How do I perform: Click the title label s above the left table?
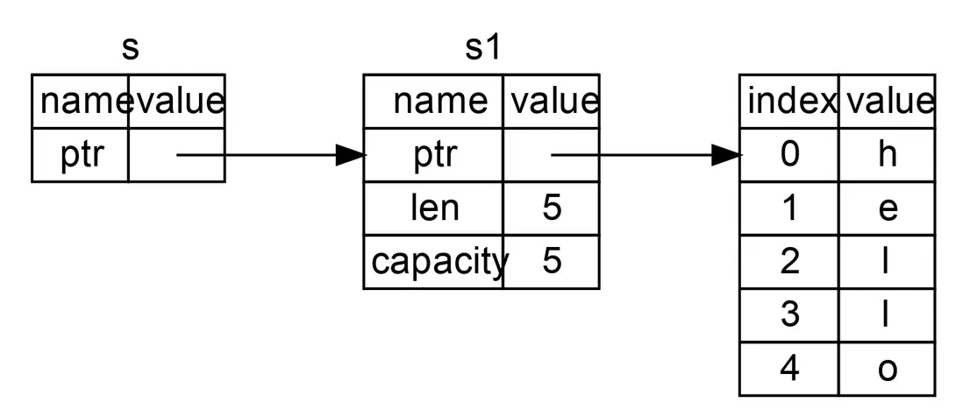point(130,48)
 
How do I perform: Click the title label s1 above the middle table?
point(481,48)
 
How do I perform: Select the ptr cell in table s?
point(80,155)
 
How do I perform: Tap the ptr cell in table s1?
point(435,155)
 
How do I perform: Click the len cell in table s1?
point(435,208)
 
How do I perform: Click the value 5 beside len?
point(552,208)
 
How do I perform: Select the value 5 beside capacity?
point(552,261)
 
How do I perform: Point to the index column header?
point(789,102)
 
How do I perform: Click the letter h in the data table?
point(887,155)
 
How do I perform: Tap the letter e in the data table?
point(887,208)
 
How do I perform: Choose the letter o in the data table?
point(887,368)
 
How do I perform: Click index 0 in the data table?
point(789,155)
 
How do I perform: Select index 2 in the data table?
point(789,261)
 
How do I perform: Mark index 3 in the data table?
point(789,315)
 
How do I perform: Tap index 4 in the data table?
point(789,368)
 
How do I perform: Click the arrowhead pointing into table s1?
point(351,155)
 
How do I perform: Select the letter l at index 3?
point(887,315)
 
